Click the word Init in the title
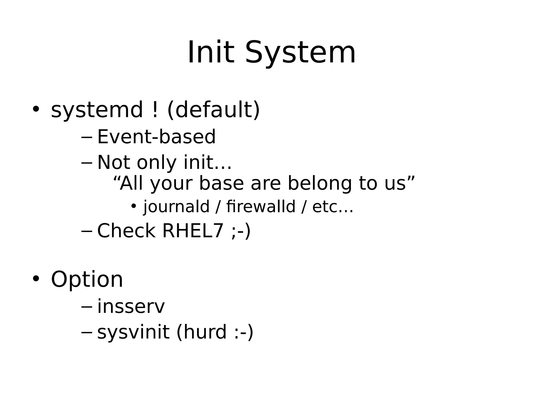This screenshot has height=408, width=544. (211, 53)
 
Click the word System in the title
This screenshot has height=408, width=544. (300, 53)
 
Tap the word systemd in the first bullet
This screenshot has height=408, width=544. (97, 110)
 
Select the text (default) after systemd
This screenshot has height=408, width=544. (214, 110)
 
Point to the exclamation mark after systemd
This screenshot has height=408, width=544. (155, 110)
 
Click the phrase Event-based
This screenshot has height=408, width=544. (156, 137)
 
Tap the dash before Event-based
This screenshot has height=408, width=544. (86, 138)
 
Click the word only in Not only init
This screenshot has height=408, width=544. (156, 163)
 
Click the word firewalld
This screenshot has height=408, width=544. (261, 207)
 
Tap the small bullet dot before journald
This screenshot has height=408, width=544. (134, 206)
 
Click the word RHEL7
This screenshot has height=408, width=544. (193, 231)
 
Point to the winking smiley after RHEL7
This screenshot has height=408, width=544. (241, 231)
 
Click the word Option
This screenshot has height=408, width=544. (87, 280)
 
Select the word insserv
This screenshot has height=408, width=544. (131, 307)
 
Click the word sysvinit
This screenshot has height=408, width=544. (133, 332)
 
